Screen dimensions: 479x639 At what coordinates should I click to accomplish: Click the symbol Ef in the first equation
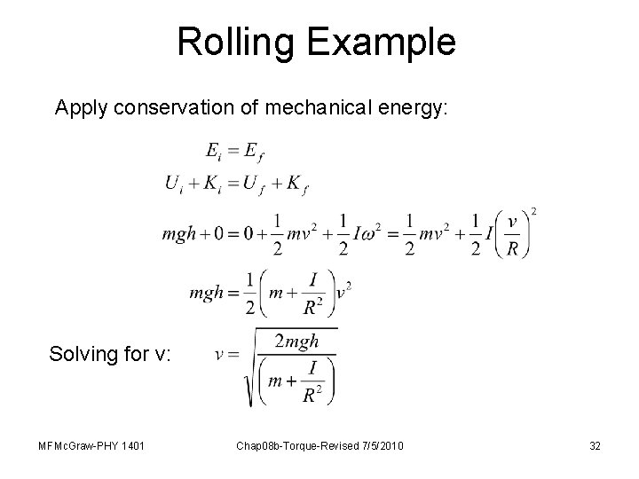point(255,153)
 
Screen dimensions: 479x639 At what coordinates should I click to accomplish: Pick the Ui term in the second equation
point(176,184)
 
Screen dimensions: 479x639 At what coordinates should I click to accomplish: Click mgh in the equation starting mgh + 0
point(181,236)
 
